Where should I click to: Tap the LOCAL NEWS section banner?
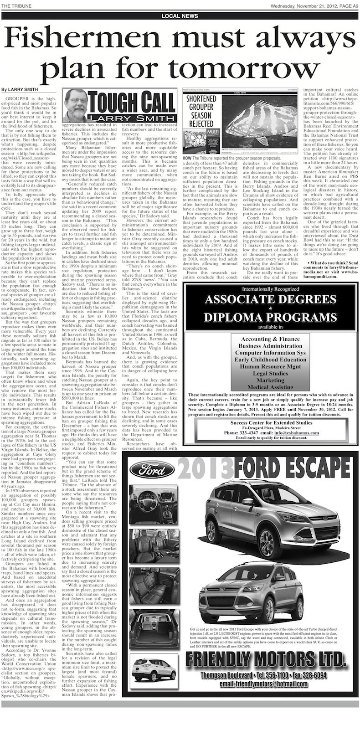[180, 16]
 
